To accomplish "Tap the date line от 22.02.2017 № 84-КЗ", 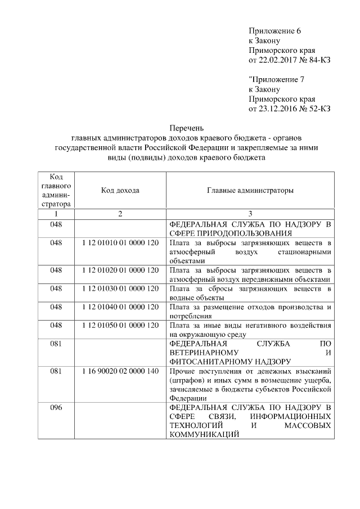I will (x=289, y=60).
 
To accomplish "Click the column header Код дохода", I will (x=120, y=191).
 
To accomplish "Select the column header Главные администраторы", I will (x=250, y=191).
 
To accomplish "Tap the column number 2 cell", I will (x=120, y=214).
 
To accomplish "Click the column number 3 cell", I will (x=250, y=214).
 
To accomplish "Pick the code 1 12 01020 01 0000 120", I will (x=120, y=271).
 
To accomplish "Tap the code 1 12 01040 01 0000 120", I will (x=120, y=307).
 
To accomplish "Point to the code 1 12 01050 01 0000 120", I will (x=120, y=326).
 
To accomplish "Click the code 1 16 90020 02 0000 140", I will (x=120, y=372).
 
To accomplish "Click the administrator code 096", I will (x=56, y=408).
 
